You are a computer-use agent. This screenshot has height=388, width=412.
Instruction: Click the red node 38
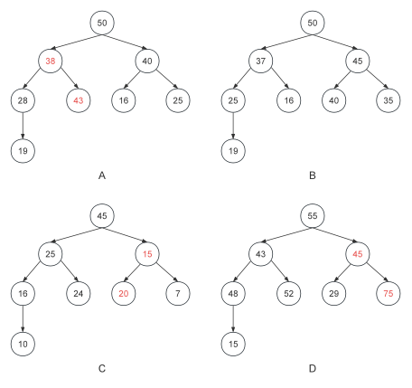pyautogui.click(x=51, y=61)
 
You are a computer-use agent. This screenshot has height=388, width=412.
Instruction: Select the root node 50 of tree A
pyautogui.click(x=102, y=23)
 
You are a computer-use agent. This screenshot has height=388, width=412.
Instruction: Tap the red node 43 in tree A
pyautogui.click(x=79, y=100)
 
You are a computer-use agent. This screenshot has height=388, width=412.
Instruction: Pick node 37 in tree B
pyautogui.click(x=261, y=61)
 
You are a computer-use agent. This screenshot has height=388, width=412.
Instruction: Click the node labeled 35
pyautogui.click(x=389, y=100)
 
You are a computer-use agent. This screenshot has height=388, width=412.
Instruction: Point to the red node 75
pyautogui.click(x=389, y=293)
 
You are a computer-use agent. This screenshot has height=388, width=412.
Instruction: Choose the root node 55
pyautogui.click(x=313, y=216)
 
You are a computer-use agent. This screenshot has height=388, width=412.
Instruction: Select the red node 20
pyautogui.click(x=124, y=293)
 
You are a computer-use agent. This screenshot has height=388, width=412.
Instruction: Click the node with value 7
pyautogui.click(x=178, y=293)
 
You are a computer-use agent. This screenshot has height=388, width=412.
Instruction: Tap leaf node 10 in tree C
pyautogui.click(x=23, y=344)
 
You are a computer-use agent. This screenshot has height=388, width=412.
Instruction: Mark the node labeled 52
pyautogui.click(x=289, y=293)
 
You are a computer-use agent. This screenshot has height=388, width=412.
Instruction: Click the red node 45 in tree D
pyautogui.click(x=358, y=254)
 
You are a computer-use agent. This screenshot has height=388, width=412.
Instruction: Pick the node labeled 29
pyautogui.click(x=334, y=293)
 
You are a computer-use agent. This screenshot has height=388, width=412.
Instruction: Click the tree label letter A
pyautogui.click(x=102, y=175)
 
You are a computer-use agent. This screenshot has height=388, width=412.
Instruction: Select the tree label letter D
pyautogui.click(x=313, y=368)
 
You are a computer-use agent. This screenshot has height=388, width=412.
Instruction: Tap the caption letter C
pyautogui.click(x=102, y=368)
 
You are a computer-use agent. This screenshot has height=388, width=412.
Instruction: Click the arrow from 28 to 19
pyautogui.click(x=23, y=126)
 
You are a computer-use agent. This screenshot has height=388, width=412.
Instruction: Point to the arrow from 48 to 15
pyautogui.click(x=233, y=318)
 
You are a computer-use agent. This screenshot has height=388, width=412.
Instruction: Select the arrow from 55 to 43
pyautogui.click(x=286, y=235)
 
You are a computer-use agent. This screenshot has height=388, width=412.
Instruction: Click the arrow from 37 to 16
pyautogui.click(x=280, y=78)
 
